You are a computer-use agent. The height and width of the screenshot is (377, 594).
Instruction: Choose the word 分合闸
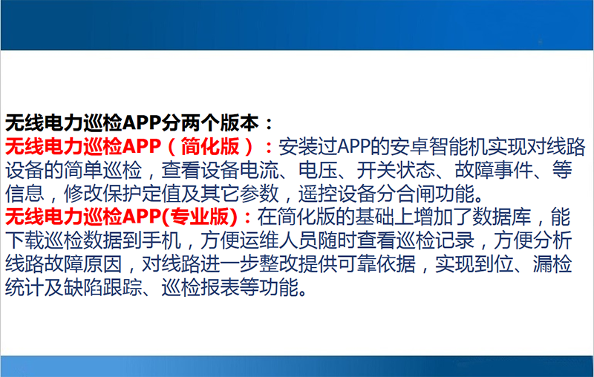click(406, 194)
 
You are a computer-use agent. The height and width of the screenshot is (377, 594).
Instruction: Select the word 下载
click(23, 242)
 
